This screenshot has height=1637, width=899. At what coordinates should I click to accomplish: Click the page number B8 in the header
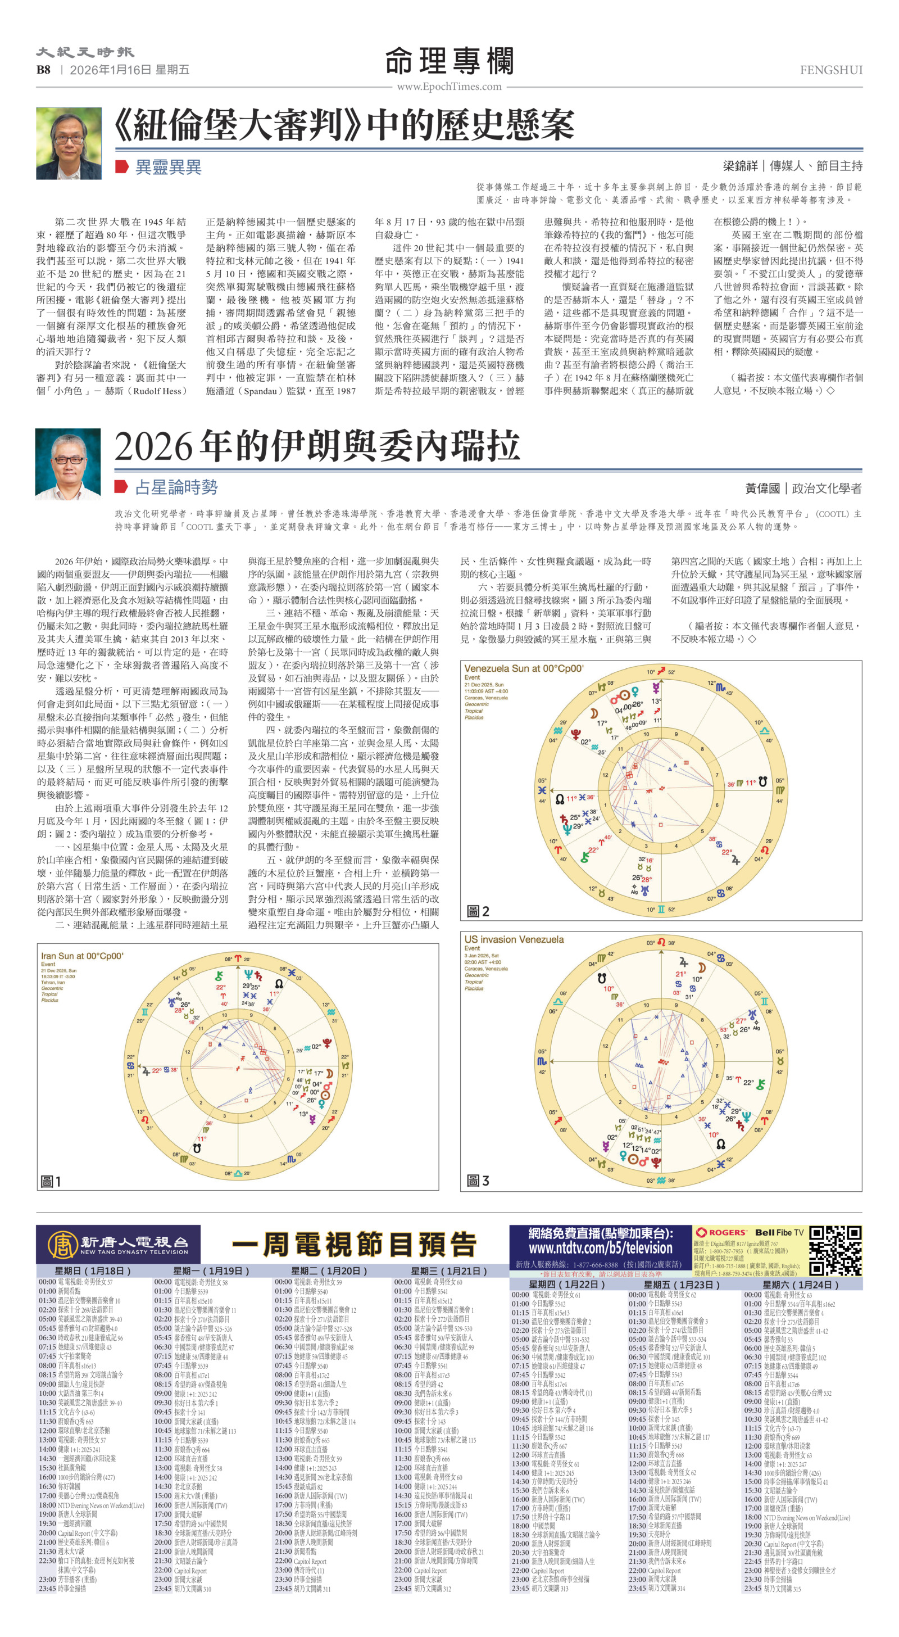pyautogui.click(x=43, y=70)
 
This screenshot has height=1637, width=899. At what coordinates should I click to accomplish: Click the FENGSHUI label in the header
pyautogui.click(x=830, y=70)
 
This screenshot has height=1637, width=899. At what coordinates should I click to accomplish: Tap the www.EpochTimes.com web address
pyautogui.click(x=449, y=87)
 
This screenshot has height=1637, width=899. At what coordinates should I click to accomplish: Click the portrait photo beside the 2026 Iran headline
pyautogui.click(x=68, y=464)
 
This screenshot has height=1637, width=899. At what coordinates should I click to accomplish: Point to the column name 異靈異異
pyautogui.click(x=169, y=167)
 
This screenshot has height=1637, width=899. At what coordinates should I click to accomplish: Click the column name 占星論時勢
pyautogui.click(x=176, y=487)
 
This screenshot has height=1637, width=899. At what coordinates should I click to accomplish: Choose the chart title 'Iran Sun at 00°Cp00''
pyautogui.click(x=82, y=956)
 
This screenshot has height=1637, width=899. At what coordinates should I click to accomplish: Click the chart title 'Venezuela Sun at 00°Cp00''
pyautogui.click(x=524, y=668)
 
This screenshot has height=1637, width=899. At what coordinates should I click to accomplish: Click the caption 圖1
pyautogui.click(x=51, y=1181)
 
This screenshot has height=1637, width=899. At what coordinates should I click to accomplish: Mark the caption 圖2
pyautogui.click(x=478, y=911)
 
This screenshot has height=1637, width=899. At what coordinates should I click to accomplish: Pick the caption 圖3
pyautogui.click(x=478, y=1181)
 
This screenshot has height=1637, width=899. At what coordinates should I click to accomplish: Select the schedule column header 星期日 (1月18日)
pyautogui.click(x=93, y=1270)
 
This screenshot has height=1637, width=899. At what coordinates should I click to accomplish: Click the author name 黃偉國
pyautogui.click(x=762, y=488)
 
